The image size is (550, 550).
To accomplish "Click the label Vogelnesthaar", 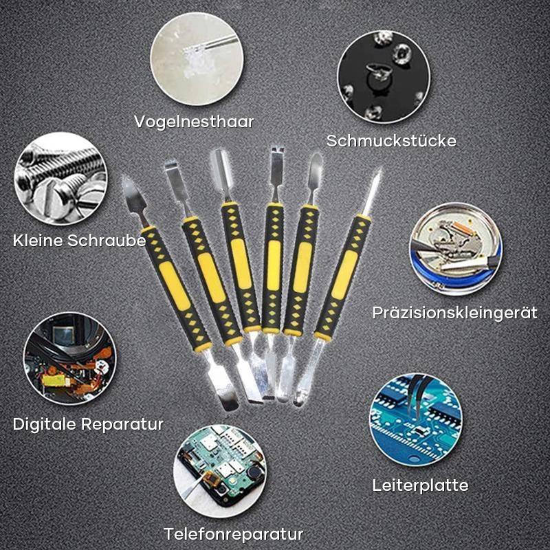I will pyautogui.click(x=194, y=122).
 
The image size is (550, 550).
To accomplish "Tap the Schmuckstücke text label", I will pyautogui.click(x=391, y=142).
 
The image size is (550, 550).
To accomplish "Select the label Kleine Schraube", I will pyautogui.click(x=79, y=241).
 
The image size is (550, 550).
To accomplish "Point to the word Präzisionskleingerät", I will pyautogui.click(x=454, y=313).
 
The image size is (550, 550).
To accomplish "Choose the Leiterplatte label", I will pyautogui.click(x=420, y=485).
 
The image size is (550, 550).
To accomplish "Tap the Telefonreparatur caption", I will pyautogui.click(x=234, y=533).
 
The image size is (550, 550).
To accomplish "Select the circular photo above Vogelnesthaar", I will pyautogui.click(x=196, y=60).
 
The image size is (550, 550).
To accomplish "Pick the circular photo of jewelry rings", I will pyautogui.click(x=383, y=76).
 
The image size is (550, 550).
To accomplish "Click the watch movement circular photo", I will pyautogui.click(x=456, y=247).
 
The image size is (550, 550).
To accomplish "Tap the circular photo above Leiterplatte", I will pyautogui.click(x=415, y=419).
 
